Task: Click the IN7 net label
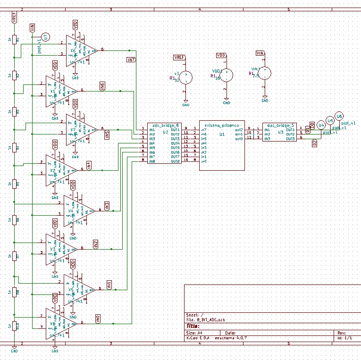131,60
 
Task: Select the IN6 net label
102,86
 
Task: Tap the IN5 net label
107,135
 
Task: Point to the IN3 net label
107,206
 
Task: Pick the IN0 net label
98,319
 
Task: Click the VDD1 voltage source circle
227,74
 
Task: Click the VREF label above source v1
180,57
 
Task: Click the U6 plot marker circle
339,117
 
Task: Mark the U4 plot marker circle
321,125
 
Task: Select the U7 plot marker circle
45,37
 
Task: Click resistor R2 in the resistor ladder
15,75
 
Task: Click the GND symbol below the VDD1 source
227,101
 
